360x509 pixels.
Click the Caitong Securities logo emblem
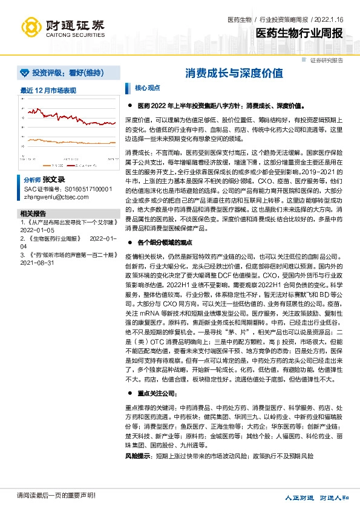tap(32, 27)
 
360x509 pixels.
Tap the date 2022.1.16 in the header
tap(331, 20)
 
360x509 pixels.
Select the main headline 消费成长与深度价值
tap(234, 74)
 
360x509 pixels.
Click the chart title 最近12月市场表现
tap(48, 90)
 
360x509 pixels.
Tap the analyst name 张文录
tap(54, 180)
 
